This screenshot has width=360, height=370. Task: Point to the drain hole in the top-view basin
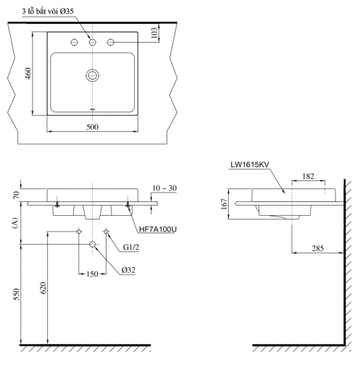point(93,74)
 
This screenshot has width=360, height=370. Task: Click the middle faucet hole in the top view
point(93,43)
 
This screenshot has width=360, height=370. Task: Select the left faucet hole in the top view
point(75,43)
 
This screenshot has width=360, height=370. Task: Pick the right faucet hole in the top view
point(111,43)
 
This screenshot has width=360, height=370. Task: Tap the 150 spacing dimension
point(93,274)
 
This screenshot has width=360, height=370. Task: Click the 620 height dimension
point(43,287)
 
